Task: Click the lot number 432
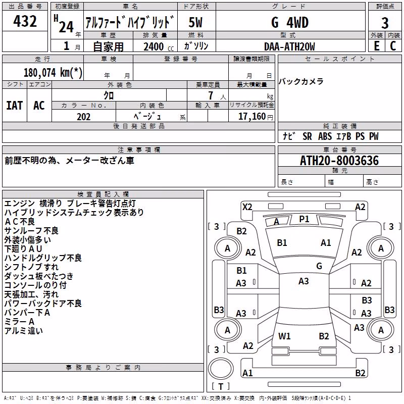tap(25, 21)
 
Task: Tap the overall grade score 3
tap(385, 23)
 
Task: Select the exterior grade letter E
tap(376, 46)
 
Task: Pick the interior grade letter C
tap(393, 46)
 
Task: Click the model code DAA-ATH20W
tap(289, 46)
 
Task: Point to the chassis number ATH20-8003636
tap(339, 161)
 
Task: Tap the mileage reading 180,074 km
tap(53, 73)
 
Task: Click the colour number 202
tap(84, 117)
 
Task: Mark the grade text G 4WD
tap(290, 23)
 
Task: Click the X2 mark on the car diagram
tap(247, 207)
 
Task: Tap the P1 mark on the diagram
tap(304, 219)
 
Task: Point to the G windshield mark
tap(319, 266)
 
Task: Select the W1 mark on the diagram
tap(284, 336)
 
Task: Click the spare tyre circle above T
tap(221, 369)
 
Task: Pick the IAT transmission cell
tap(15, 106)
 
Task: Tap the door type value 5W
tap(195, 22)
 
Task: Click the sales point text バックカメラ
tap(301, 82)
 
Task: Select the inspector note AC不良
tap(20, 222)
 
